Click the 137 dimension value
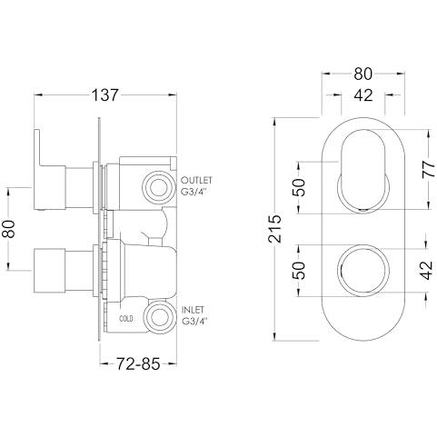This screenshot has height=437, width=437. pyautogui.click(x=104, y=95)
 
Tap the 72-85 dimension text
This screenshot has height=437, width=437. pyautogui.click(x=138, y=363)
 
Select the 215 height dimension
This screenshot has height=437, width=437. pyautogui.click(x=275, y=229)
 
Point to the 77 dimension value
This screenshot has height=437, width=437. pyautogui.click(x=429, y=170)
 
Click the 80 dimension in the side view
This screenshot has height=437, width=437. pyautogui.click(x=9, y=229)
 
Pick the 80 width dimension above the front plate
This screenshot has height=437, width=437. pyautogui.click(x=363, y=74)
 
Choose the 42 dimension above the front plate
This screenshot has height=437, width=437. pyautogui.click(x=363, y=95)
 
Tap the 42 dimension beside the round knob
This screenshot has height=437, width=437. pyautogui.click(x=427, y=270)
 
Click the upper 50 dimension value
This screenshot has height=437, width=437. pyautogui.click(x=299, y=187)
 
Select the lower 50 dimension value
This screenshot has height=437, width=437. pyautogui.click(x=299, y=270)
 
